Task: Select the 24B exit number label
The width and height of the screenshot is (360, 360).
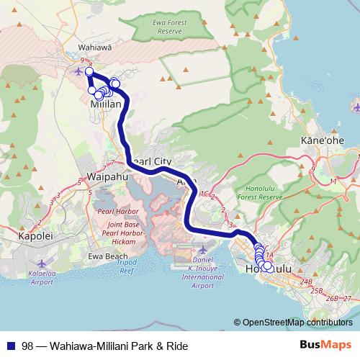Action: tap(307, 282)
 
